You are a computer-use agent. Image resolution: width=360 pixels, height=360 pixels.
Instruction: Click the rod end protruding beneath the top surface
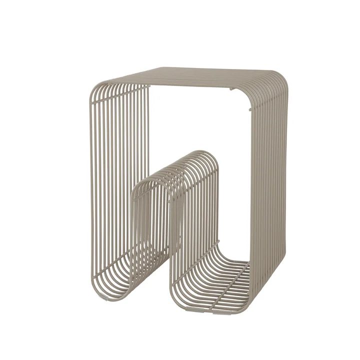tap(231, 90)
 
